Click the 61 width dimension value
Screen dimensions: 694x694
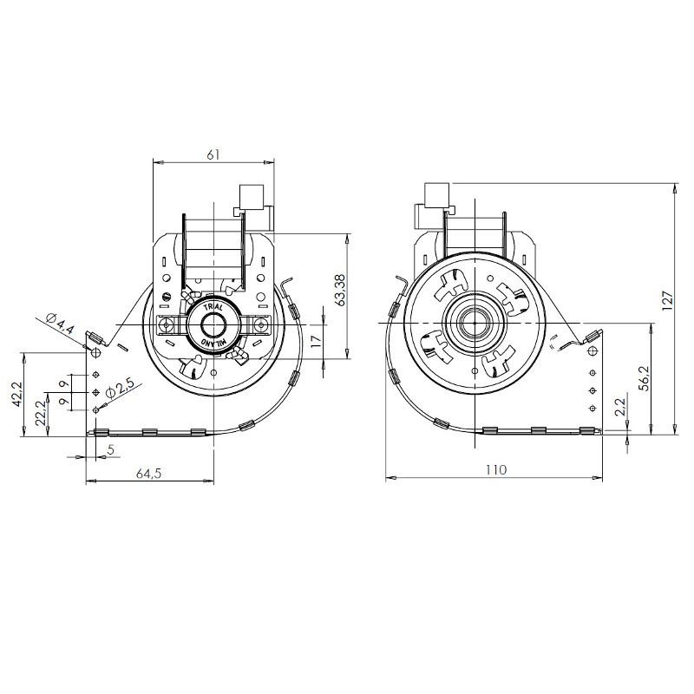pyautogui.click(x=213, y=154)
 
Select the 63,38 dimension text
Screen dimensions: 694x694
pyautogui.click(x=340, y=290)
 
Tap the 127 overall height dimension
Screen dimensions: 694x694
pyautogui.click(x=667, y=300)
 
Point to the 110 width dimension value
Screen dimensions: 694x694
pyautogui.click(x=495, y=469)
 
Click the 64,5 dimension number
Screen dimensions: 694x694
pyautogui.click(x=149, y=474)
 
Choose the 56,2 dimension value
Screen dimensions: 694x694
pyautogui.click(x=645, y=378)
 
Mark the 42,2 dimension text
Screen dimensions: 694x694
pyautogui.click(x=17, y=395)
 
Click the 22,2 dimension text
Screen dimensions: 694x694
pyautogui.click(x=41, y=413)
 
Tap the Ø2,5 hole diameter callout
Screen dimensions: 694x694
pyautogui.click(x=120, y=390)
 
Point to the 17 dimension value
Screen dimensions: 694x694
pyautogui.click(x=315, y=341)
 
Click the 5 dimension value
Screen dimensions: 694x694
pyautogui.click(x=111, y=449)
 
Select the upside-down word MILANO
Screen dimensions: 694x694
pyautogui.click(x=213, y=342)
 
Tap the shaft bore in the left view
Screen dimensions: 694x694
pyautogui.click(x=213, y=325)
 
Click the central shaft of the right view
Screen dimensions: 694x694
pyautogui.click(x=475, y=324)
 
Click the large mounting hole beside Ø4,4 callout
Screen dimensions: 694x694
pyautogui.click(x=95, y=353)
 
